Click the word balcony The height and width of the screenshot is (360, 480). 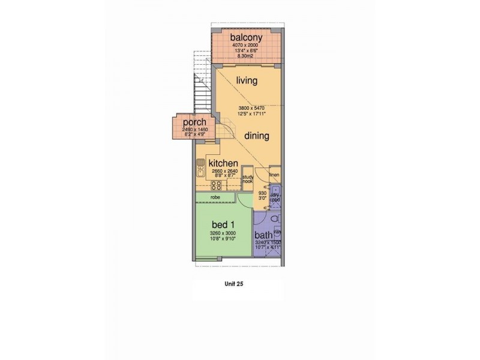(247, 37)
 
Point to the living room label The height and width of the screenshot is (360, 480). (247, 80)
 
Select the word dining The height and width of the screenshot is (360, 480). (256, 136)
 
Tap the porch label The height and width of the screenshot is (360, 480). (186, 122)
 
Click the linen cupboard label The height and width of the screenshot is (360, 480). (275, 175)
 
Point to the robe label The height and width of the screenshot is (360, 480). (214, 197)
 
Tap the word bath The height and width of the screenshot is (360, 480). (263, 236)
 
